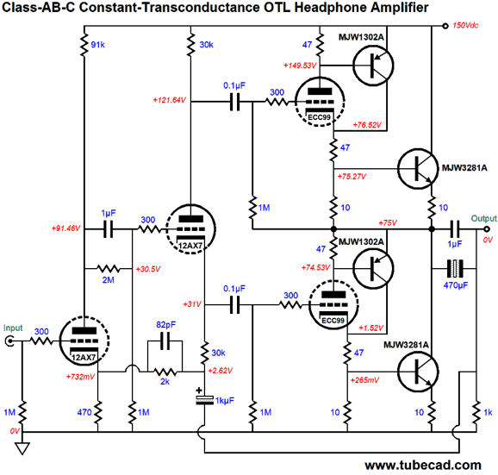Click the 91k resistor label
pyautogui.click(x=97, y=45)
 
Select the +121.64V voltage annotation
pyautogui.click(x=169, y=100)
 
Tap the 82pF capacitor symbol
pyautogui.click(x=165, y=341)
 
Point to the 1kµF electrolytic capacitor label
pyautogui.click(x=225, y=401)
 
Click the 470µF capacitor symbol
pyautogui.click(x=455, y=269)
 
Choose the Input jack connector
pyautogui.click(x=9, y=341)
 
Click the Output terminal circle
pyautogui.click(x=486, y=229)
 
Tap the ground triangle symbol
pyautogui.click(x=22, y=448)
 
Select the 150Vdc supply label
pyautogui.click(x=465, y=25)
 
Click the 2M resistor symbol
pyautogui.click(x=109, y=269)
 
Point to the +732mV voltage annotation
pyautogui.click(x=80, y=377)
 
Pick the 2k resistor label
pyautogui.click(x=165, y=382)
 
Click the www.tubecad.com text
pyautogui.click(x=423, y=466)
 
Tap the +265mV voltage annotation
pyautogui.click(x=365, y=380)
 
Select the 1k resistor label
pyautogui.click(x=488, y=412)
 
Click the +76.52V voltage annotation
pyautogui.click(x=367, y=125)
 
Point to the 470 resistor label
pyautogui.click(x=84, y=412)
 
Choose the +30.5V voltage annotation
pyautogui.click(x=148, y=269)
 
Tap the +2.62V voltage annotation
pyautogui.click(x=220, y=371)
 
